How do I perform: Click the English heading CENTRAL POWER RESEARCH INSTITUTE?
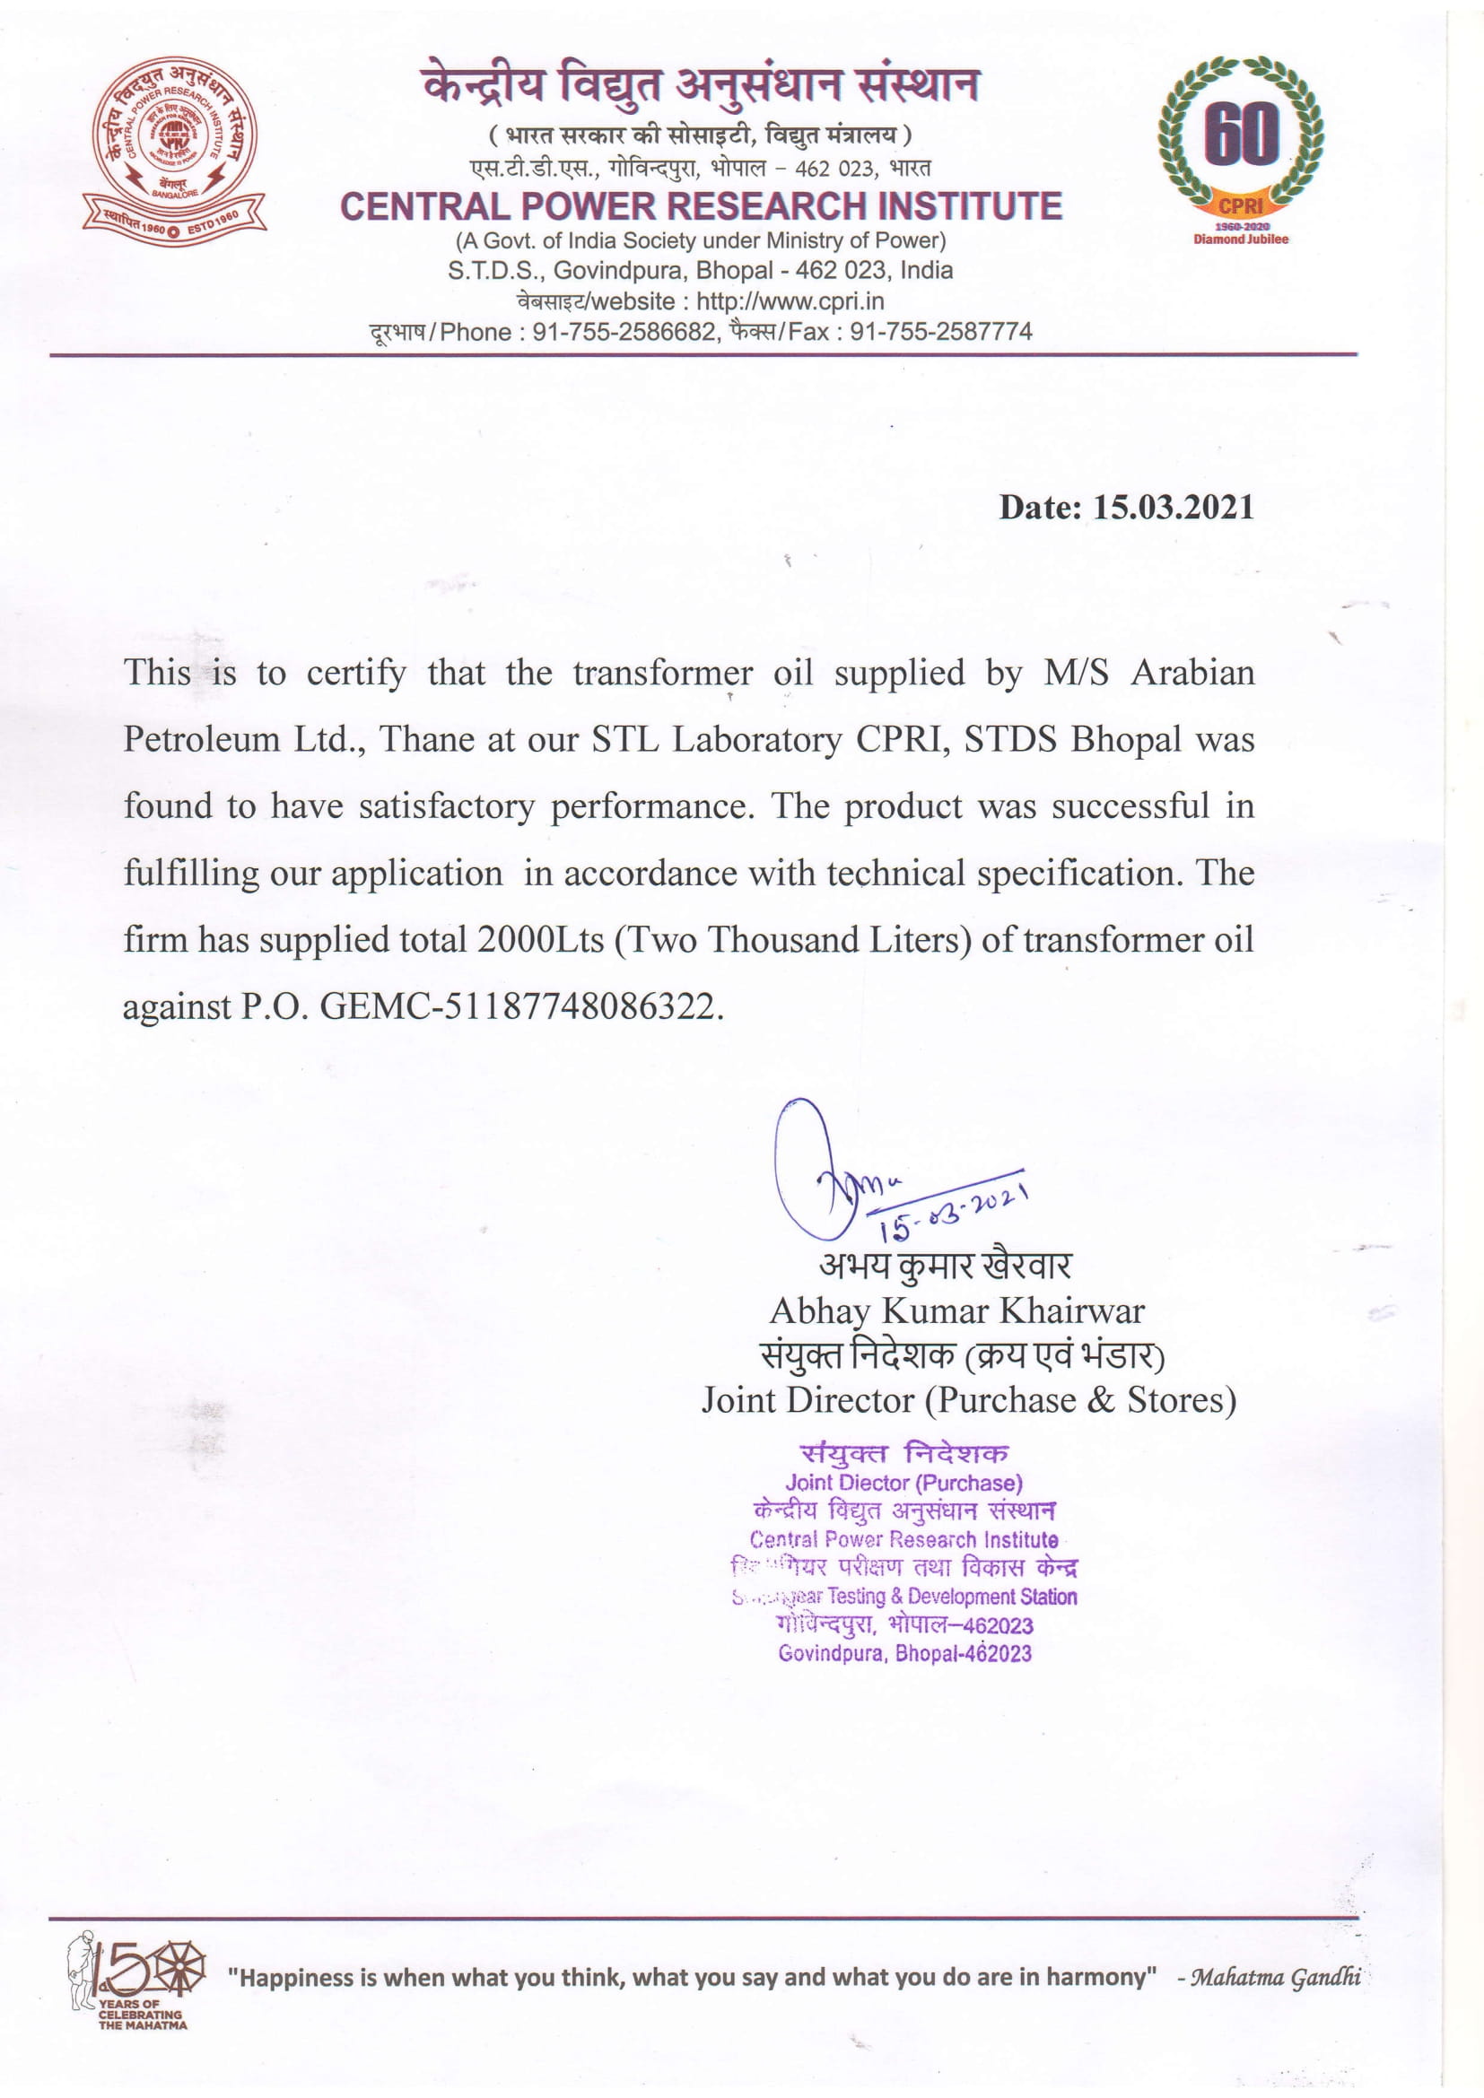[x=701, y=206]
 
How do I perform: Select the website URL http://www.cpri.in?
[x=790, y=301]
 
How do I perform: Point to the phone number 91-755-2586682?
[x=624, y=332]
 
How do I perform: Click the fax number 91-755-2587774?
[x=940, y=332]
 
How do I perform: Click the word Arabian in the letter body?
[x=1192, y=674]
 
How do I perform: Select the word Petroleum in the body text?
[x=201, y=739]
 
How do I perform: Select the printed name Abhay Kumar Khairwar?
[x=956, y=1311]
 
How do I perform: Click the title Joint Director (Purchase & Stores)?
[x=969, y=1400]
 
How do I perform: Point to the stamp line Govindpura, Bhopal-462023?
[x=904, y=1653]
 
